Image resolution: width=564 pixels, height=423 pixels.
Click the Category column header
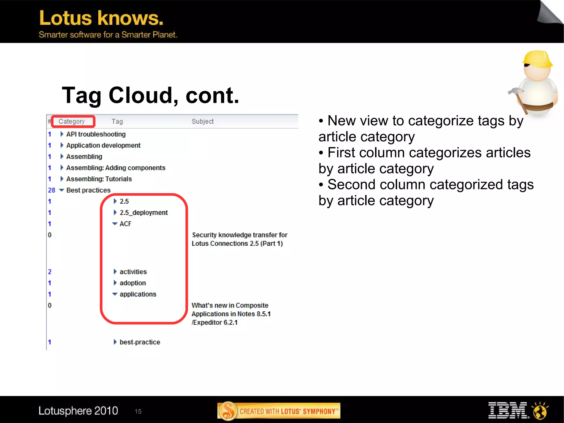pyautogui.click(x=72, y=122)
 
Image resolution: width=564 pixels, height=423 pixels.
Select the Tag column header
pyautogui.click(x=117, y=122)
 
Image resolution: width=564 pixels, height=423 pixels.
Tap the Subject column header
pyautogui.click(x=202, y=122)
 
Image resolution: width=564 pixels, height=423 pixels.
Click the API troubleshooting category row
pyautogui.click(x=96, y=134)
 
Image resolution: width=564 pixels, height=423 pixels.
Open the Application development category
pyautogui.click(x=103, y=145)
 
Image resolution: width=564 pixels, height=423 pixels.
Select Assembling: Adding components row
pyautogui.click(x=116, y=168)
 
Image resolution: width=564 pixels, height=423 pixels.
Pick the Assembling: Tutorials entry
pyautogui.click(x=99, y=179)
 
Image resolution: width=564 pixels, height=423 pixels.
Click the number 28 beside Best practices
pyautogui.click(x=51, y=190)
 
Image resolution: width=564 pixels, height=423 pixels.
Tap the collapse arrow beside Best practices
pyautogui.click(x=62, y=190)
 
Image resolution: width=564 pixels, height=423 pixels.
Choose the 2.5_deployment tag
pyautogui.click(x=143, y=213)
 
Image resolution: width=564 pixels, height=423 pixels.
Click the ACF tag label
pyautogui.click(x=125, y=224)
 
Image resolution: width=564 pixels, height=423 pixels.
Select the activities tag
pyautogui.click(x=133, y=272)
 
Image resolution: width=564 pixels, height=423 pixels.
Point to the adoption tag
pyautogui.click(x=132, y=283)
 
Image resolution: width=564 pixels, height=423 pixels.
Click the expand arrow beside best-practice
pyautogui.click(x=115, y=342)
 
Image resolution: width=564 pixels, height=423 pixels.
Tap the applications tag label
pyautogui.click(x=138, y=294)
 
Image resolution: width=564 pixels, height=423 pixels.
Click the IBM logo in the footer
pyautogui.click(x=507, y=410)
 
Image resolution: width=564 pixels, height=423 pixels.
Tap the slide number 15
pyautogui.click(x=138, y=411)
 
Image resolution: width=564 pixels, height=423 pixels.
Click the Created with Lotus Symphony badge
pyautogui.click(x=279, y=411)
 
